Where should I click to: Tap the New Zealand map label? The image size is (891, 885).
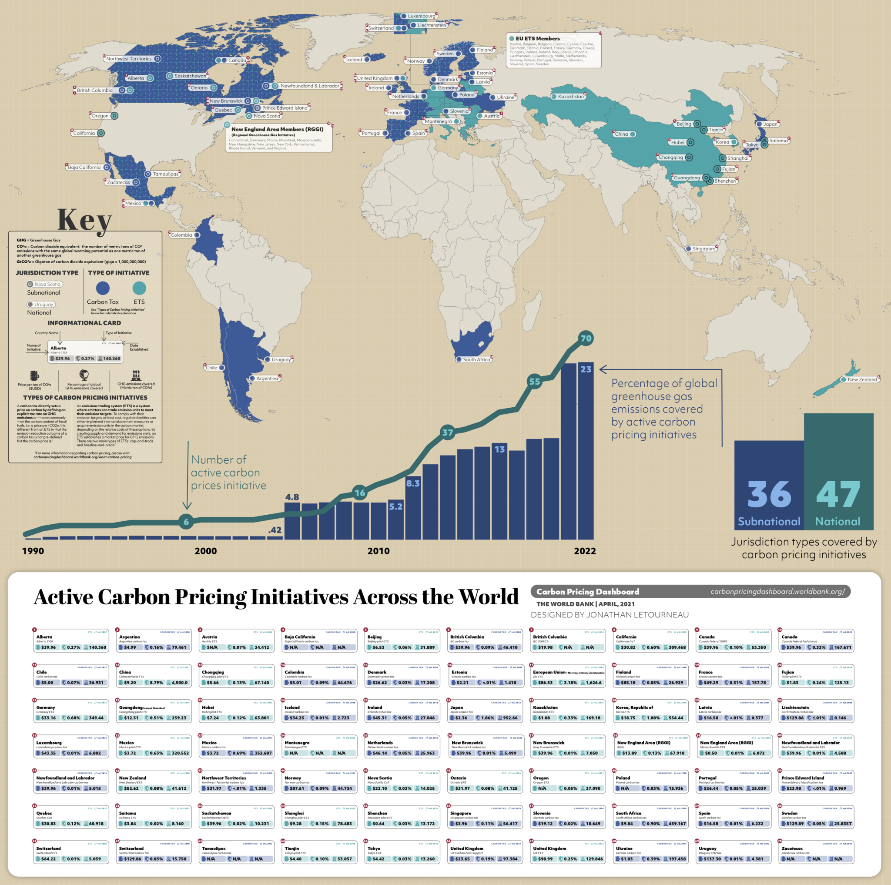click(861, 379)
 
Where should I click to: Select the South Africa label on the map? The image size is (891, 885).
click(476, 359)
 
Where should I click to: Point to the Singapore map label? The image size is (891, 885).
click(703, 248)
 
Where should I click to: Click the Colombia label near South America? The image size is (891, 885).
click(182, 235)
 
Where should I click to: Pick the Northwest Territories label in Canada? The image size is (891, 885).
click(129, 59)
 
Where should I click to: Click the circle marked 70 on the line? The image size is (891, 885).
click(586, 338)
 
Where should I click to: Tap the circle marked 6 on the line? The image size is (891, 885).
click(186, 522)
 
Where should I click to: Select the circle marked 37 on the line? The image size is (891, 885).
click(447, 432)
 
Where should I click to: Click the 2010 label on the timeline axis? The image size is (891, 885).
click(378, 551)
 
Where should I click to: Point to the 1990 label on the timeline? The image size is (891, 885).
click(33, 551)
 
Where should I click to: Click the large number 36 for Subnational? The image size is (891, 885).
click(769, 495)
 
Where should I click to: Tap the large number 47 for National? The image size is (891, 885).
click(838, 495)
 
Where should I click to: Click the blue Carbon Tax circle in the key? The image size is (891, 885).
click(102, 288)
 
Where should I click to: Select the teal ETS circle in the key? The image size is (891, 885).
click(139, 288)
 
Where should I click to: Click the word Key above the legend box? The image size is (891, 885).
click(85, 220)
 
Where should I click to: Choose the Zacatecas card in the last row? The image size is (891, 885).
click(816, 853)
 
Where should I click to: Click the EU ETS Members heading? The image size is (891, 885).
click(537, 39)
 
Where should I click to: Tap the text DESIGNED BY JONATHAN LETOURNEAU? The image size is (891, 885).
click(609, 615)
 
